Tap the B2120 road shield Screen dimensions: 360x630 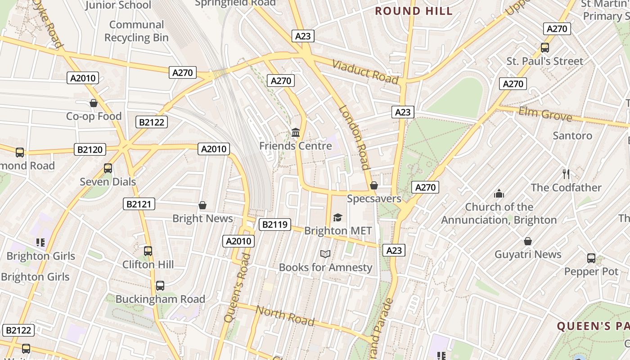[90, 149]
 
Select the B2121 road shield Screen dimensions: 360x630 [139, 204]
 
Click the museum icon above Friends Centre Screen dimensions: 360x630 [296, 132]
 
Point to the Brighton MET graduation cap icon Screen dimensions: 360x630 [337, 218]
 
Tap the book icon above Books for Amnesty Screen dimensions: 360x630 [325, 254]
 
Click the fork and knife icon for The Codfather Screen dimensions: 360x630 [566, 174]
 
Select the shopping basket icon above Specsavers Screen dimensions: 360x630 [374, 185]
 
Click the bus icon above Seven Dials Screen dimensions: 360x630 [108, 168]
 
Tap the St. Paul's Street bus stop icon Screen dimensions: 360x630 [544, 48]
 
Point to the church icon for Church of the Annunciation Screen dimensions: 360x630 [499, 193]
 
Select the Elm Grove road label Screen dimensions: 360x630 [545, 114]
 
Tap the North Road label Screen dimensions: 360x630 [285, 315]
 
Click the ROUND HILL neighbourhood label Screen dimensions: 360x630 [414, 11]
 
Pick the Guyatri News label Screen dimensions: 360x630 [528, 254]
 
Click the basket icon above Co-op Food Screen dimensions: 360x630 [94, 103]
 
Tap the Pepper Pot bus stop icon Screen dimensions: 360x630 [591, 258]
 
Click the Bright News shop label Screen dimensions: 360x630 [202, 219]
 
